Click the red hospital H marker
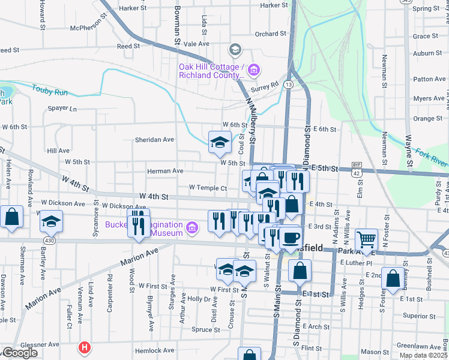[85, 347]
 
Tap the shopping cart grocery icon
[366, 239]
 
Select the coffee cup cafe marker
[291, 237]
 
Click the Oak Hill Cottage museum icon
[253, 71]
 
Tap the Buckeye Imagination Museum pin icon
[192, 226]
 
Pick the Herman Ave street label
[165, 171]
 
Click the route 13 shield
[289, 85]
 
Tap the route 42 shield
[357, 173]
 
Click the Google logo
[19, 353]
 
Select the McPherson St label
[92, 28]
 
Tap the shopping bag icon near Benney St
[392, 280]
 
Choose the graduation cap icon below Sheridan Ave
[220, 142]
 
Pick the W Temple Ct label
[208, 188]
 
